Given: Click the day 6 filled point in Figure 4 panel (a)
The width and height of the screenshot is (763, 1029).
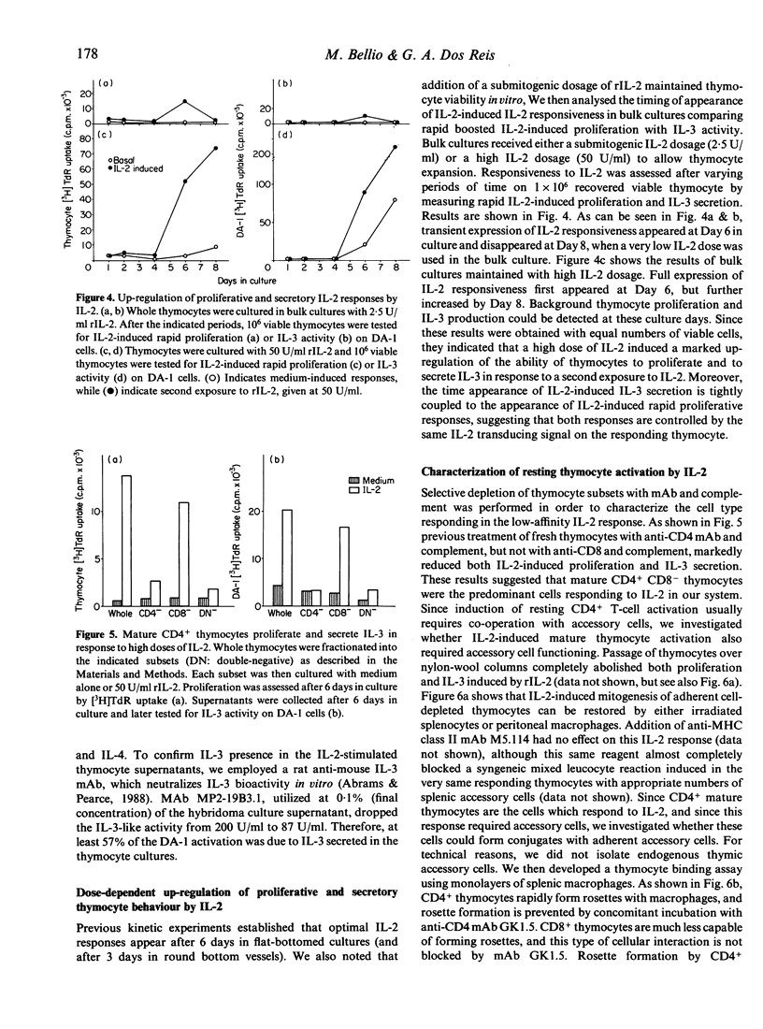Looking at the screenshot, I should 185,101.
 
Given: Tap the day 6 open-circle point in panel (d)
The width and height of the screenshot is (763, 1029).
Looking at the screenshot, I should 365,244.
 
